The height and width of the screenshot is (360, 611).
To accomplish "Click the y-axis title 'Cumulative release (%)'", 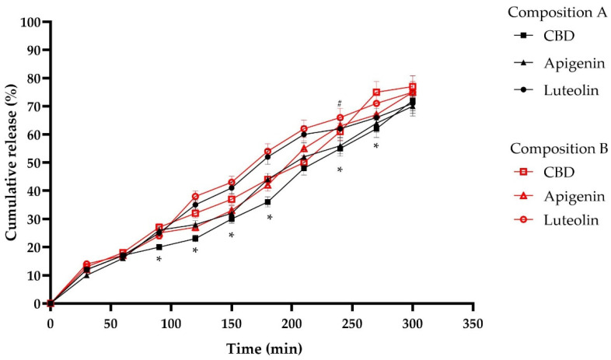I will pos(12,162).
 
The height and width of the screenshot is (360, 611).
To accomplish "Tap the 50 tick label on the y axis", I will pos(35,163).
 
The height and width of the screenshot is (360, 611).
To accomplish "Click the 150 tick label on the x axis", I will pos(232,323).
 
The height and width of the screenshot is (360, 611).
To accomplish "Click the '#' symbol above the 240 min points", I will pos(340,103).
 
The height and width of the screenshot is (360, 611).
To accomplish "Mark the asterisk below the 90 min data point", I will pos(159,260).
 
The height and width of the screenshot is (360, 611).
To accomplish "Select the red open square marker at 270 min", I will pos(376,93).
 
